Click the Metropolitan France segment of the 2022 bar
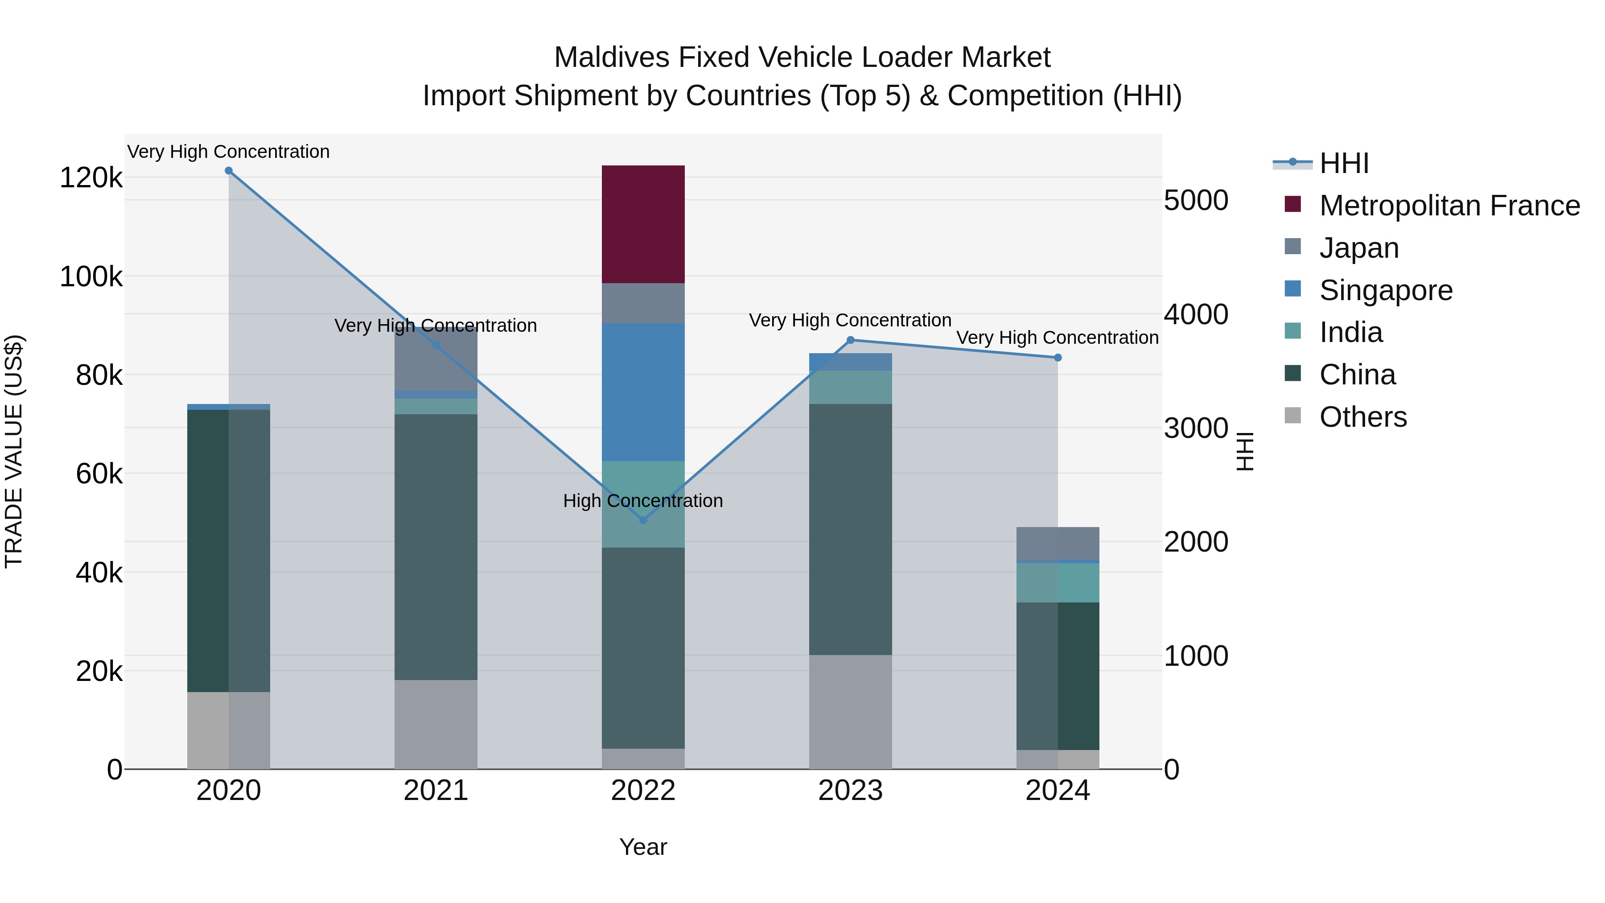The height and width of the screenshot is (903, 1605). [643, 224]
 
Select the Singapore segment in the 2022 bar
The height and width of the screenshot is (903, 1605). [643, 392]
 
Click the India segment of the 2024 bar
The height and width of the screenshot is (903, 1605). [1058, 583]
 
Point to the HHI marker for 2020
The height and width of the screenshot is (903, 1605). [229, 171]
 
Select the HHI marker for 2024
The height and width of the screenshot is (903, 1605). [1058, 358]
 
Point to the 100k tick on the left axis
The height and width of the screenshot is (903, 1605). [91, 276]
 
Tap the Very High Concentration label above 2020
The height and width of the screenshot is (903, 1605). [229, 152]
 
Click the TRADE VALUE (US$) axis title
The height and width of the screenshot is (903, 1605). [14, 451]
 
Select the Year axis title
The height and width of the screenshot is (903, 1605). [643, 847]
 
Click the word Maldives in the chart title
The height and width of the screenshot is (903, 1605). [611, 58]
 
